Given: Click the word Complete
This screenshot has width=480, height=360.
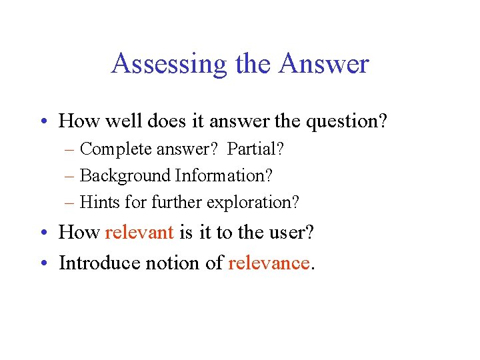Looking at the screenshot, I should (x=116, y=149).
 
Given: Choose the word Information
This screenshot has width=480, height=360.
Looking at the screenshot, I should (x=224, y=175).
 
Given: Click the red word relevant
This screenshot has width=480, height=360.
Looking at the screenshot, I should (x=139, y=232).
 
